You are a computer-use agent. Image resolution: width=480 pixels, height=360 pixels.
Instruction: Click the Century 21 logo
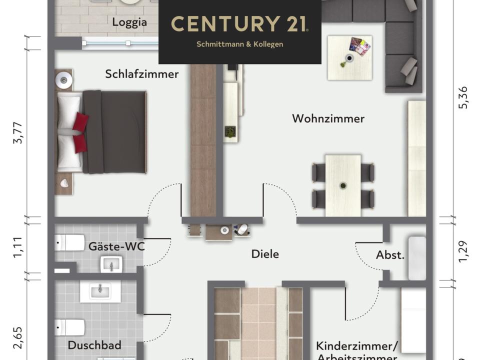[x=239, y=24]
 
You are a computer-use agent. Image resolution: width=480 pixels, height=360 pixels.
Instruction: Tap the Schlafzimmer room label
[x=141, y=74]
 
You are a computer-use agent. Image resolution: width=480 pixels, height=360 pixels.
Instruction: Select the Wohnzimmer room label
[x=328, y=118]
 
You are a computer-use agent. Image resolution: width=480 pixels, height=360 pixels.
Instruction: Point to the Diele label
[x=265, y=254]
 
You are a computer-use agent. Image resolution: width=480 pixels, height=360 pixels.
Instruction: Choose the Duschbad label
[x=94, y=345]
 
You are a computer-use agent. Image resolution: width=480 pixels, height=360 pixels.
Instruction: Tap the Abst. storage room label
[x=390, y=255]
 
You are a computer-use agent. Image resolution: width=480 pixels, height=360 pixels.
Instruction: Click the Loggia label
[x=129, y=22]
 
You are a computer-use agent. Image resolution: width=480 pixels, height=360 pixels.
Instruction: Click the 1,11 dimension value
[x=18, y=247]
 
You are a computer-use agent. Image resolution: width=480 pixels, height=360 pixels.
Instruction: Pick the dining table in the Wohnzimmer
[x=343, y=185]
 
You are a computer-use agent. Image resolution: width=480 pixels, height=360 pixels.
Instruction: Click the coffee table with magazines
[x=349, y=58]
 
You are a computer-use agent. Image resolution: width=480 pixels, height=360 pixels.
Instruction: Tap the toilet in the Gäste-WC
[x=69, y=243]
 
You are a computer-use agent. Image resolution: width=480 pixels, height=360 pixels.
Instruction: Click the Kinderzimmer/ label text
[x=356, y=345]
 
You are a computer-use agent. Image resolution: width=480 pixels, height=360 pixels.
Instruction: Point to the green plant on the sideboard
[x=230, y=132]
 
